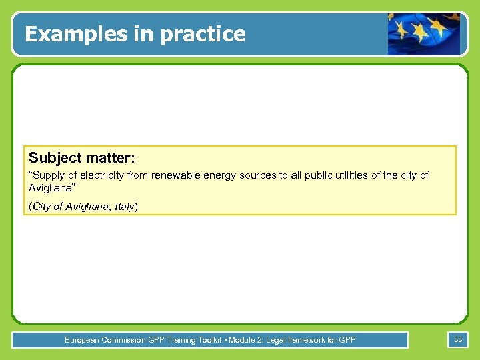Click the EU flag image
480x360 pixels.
point(424,33)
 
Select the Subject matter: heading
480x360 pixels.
point(81,158)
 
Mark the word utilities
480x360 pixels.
point(350,175)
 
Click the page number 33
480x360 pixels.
point(458,340)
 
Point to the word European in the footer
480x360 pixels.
point(82,340)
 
